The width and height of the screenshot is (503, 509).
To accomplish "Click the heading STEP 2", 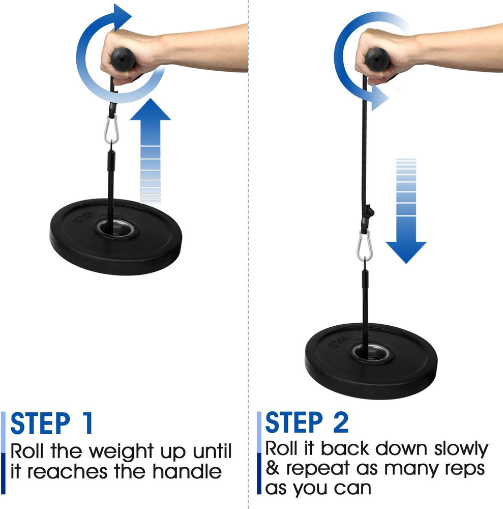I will tap(307, 423).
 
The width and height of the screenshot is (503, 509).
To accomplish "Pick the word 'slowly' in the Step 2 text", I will tap(461, 449).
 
